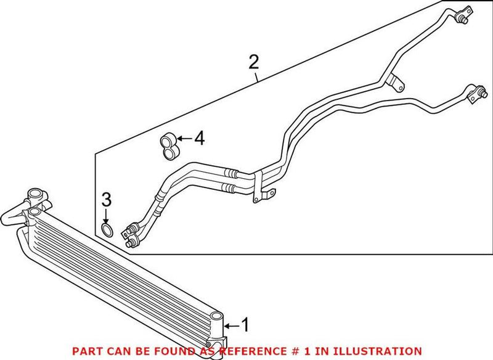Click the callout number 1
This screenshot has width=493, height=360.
pyautogui.click(x=245, y=325)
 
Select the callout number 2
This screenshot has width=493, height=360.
pyautogui.click(x=253, y=62)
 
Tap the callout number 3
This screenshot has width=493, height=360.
pyautogui.click(x=106, y=200)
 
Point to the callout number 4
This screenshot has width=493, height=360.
pyautogui.click(x=198, y=140)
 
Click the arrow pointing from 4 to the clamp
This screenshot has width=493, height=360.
pyautogui.click(x=183, y=141)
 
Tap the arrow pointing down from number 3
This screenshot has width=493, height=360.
pyautogui.click(x=106, y=216)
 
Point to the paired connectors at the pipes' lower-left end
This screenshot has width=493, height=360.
pyautogui.click(x=131, y=235)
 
